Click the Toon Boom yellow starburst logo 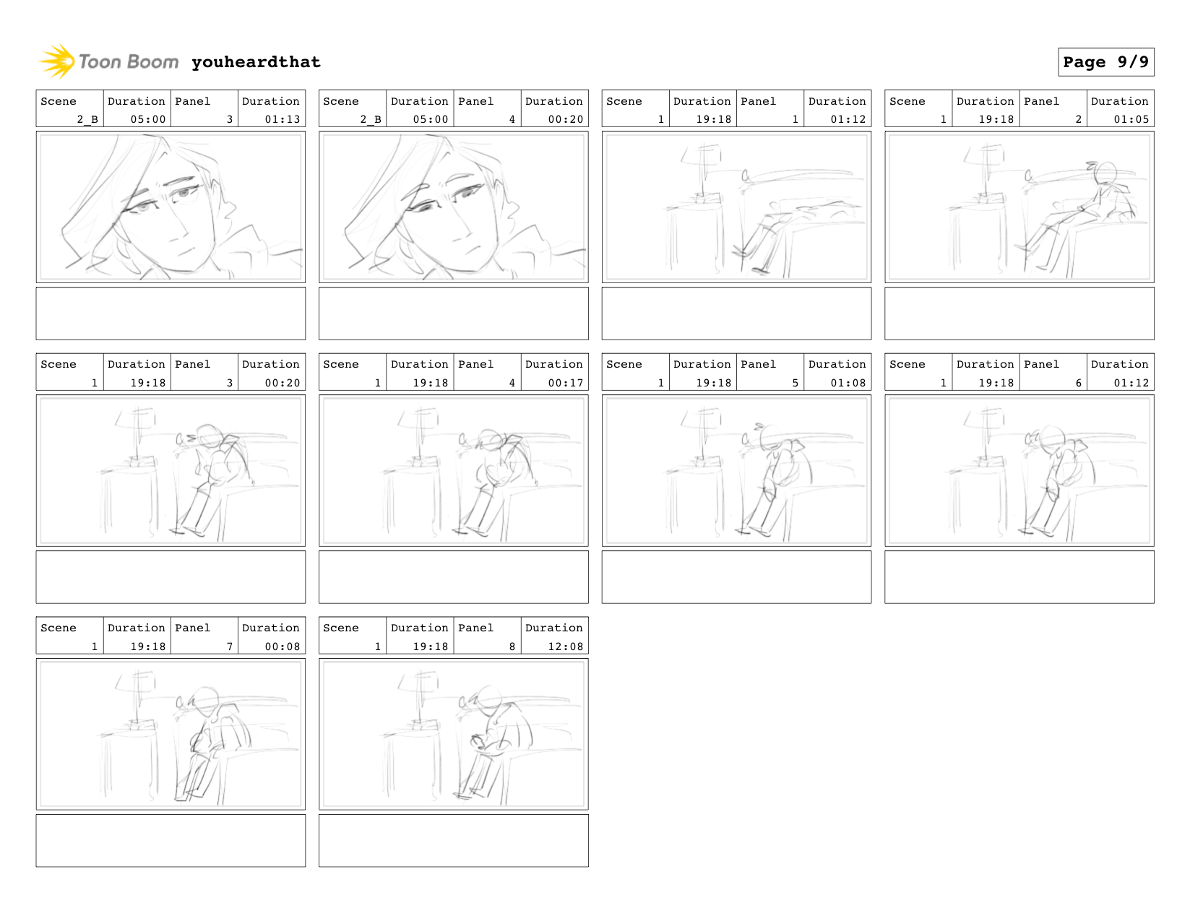57,61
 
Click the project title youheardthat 256,62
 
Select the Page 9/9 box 1105,62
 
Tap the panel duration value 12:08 566,647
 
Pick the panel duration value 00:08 283,647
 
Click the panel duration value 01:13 283,119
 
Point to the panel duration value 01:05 1131,119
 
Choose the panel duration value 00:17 566,383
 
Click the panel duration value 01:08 848,383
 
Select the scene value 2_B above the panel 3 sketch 87,119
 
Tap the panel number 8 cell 488,636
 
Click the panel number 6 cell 1053,372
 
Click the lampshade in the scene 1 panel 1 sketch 702,155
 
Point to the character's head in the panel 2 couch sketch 1105,173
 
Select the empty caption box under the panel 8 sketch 454,840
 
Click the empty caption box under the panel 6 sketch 1019,576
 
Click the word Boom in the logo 153,62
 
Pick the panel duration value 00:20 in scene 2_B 566,119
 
